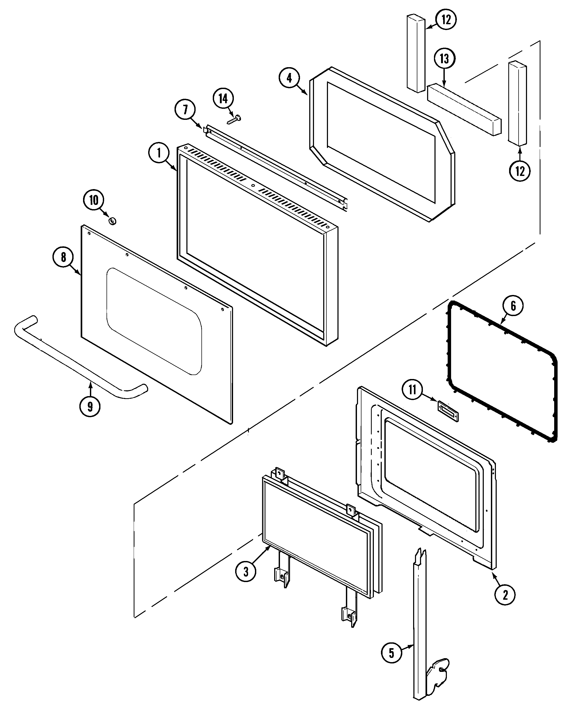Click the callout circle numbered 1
[159, 153]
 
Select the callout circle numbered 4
[289, 78]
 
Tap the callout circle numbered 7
[185, 110]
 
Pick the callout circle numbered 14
[223, 98]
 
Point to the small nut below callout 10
[113, 221]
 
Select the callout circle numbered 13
[444, 59]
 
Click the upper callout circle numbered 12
[446, 19]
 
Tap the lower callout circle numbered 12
[520, 171]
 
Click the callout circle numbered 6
[513, 306]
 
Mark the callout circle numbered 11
[412, 390]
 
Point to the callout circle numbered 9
[90, 406]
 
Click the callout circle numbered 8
[63, 257]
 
